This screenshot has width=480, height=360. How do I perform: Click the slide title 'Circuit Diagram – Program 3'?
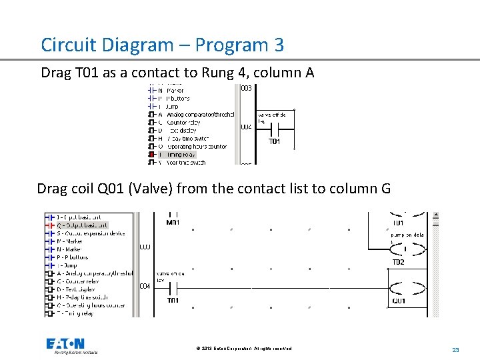162,45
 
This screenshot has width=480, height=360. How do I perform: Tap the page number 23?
456,349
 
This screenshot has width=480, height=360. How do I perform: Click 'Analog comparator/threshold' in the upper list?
200,114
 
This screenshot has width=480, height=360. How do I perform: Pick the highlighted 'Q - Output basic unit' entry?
79,225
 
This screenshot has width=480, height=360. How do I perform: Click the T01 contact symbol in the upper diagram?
274,130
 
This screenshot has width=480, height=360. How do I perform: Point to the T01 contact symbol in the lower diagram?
172,288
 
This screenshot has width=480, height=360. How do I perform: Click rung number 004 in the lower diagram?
145,287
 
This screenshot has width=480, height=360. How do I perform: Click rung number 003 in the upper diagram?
246,89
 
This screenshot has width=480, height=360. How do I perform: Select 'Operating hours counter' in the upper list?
197,146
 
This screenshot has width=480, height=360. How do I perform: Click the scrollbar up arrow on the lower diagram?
436,216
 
